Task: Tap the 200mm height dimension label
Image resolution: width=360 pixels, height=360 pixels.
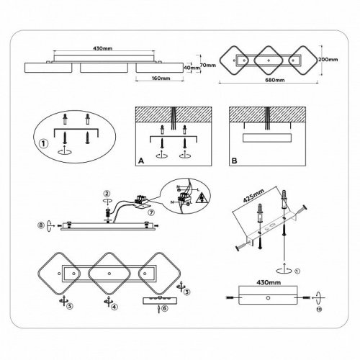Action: (328, 60)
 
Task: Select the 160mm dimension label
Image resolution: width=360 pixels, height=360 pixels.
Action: (161, 78)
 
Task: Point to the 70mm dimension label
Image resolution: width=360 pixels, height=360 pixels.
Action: (208, 65)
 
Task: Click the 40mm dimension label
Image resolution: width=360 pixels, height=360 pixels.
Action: (192, 68)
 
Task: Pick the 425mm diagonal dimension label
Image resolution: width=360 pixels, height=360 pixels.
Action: (253, 196)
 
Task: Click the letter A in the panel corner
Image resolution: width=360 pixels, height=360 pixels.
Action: (141, 161)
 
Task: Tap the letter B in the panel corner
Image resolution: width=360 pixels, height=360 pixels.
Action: (235, 161)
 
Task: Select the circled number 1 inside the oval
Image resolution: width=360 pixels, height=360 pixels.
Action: (43, 144)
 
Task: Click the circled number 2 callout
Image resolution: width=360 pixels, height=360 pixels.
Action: (107, 194)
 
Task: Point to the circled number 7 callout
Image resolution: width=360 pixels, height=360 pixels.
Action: (151, 212)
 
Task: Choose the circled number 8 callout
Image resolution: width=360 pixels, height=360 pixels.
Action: (41, 225)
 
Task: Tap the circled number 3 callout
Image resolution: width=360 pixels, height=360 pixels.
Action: (187, 292)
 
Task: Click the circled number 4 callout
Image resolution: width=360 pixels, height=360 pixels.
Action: (114, 307)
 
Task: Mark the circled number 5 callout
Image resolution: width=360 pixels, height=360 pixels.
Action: (70, 306)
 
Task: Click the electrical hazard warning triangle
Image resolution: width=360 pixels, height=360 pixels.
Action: (202, 199)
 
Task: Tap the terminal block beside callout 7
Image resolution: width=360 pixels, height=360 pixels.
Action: (141, 202)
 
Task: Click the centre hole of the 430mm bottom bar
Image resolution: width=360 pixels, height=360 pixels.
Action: (268, 298)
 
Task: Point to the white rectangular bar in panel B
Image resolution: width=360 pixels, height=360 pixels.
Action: (267, 138)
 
